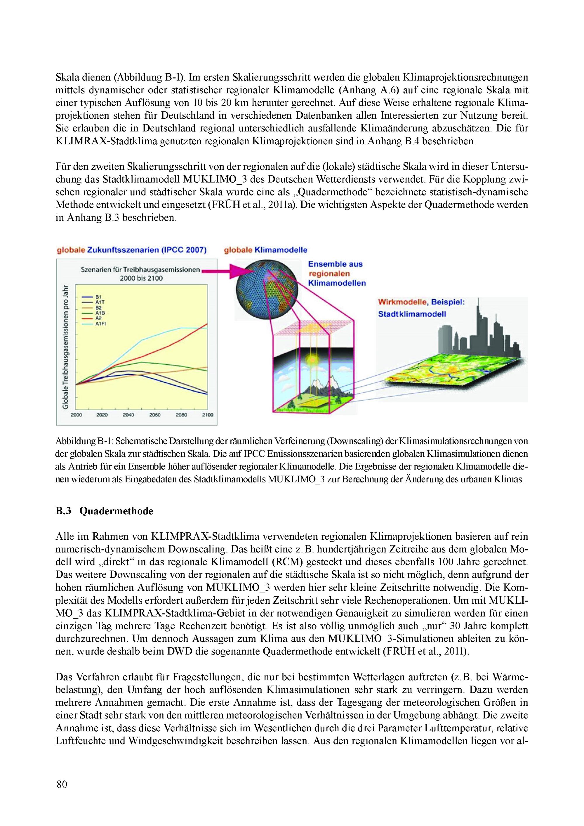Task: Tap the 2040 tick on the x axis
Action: (128, 415)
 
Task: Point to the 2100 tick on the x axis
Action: (208, 415)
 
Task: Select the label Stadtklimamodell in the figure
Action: (412, 314)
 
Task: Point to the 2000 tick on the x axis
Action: (76, 415)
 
